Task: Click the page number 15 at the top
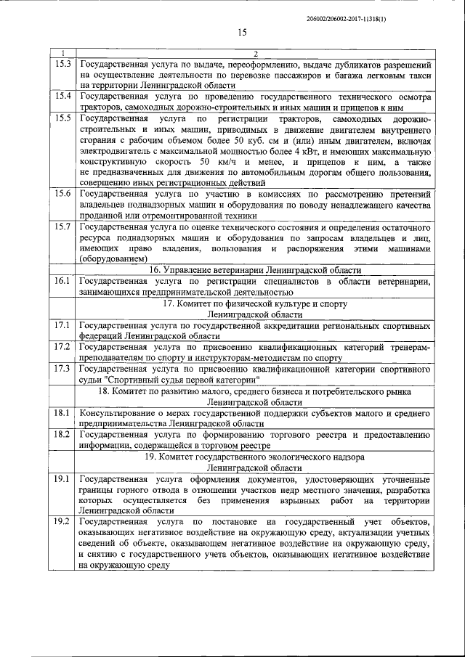(242, 31)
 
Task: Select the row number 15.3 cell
(63, 65)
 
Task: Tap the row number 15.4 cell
(63, 96)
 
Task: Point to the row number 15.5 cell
(63, 117)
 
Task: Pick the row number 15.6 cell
(63, 194)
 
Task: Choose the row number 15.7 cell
(63, 227)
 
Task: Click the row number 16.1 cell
(63, 279)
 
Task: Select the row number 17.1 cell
(63, 323)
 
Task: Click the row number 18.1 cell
(63, 412)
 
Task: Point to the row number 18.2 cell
(63, 434)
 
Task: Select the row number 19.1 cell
(63, 479)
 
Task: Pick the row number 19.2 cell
(63, 521)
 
